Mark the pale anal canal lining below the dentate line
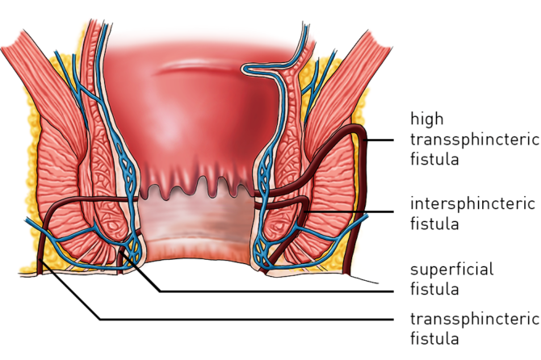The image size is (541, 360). (x=199, y=222)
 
